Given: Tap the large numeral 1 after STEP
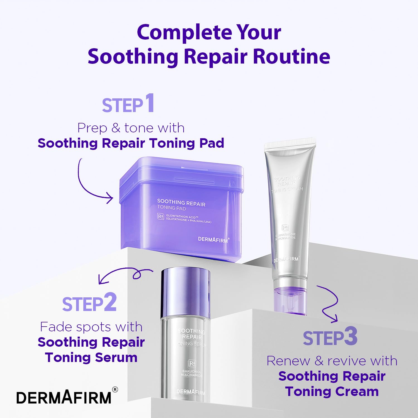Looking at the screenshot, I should click(150, 103).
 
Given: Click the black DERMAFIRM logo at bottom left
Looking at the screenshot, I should click(64, 398).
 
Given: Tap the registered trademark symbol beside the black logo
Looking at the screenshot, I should click(115, 390).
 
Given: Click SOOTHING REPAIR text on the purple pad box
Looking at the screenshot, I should click(181, 203).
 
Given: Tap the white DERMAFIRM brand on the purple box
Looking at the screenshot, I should click(213, 240).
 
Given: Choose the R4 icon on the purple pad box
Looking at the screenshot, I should click(161, 217).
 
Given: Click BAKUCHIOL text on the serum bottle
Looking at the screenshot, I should click(192, 371).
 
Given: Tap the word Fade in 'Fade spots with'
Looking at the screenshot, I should click(56, 327).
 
